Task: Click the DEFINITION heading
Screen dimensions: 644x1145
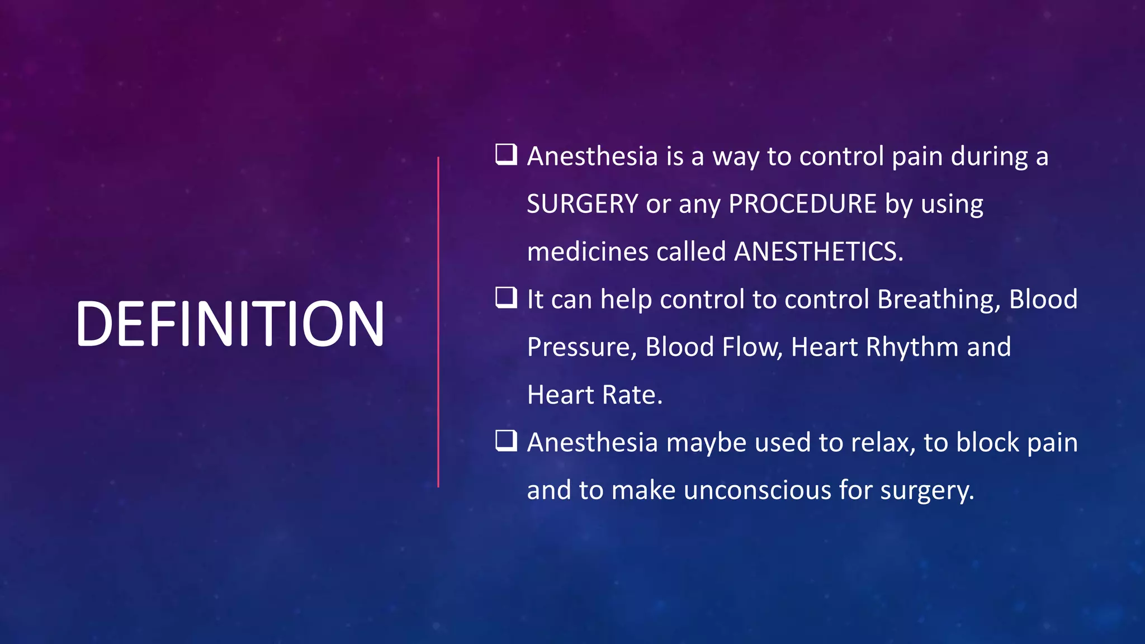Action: tap(230, 324)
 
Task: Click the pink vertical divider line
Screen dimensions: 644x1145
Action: tap(438, 322)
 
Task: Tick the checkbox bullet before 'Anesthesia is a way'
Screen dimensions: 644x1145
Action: tap(506, 154)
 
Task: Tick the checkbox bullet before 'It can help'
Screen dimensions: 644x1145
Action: tap(506, 297)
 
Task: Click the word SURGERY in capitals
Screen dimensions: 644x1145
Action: tap(582, 203)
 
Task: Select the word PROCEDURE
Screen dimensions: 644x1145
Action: tap(802, 203)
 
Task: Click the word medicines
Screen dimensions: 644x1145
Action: tap(587, 252)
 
